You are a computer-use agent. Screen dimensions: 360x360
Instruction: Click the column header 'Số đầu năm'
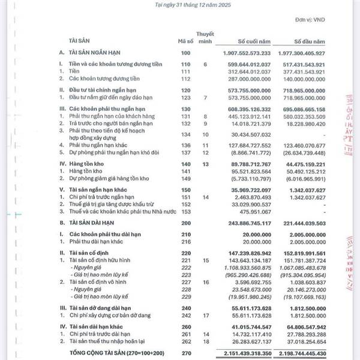pyautogui.click(x=310, y=41)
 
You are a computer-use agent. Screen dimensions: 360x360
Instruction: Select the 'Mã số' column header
pyautogui.click(x=185, y=41)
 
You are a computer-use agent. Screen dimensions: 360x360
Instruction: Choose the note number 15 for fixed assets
pyautogui.click(x=205, y=260)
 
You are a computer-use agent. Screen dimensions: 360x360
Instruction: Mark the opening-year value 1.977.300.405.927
pyautogui.click(x=310, y=53)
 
